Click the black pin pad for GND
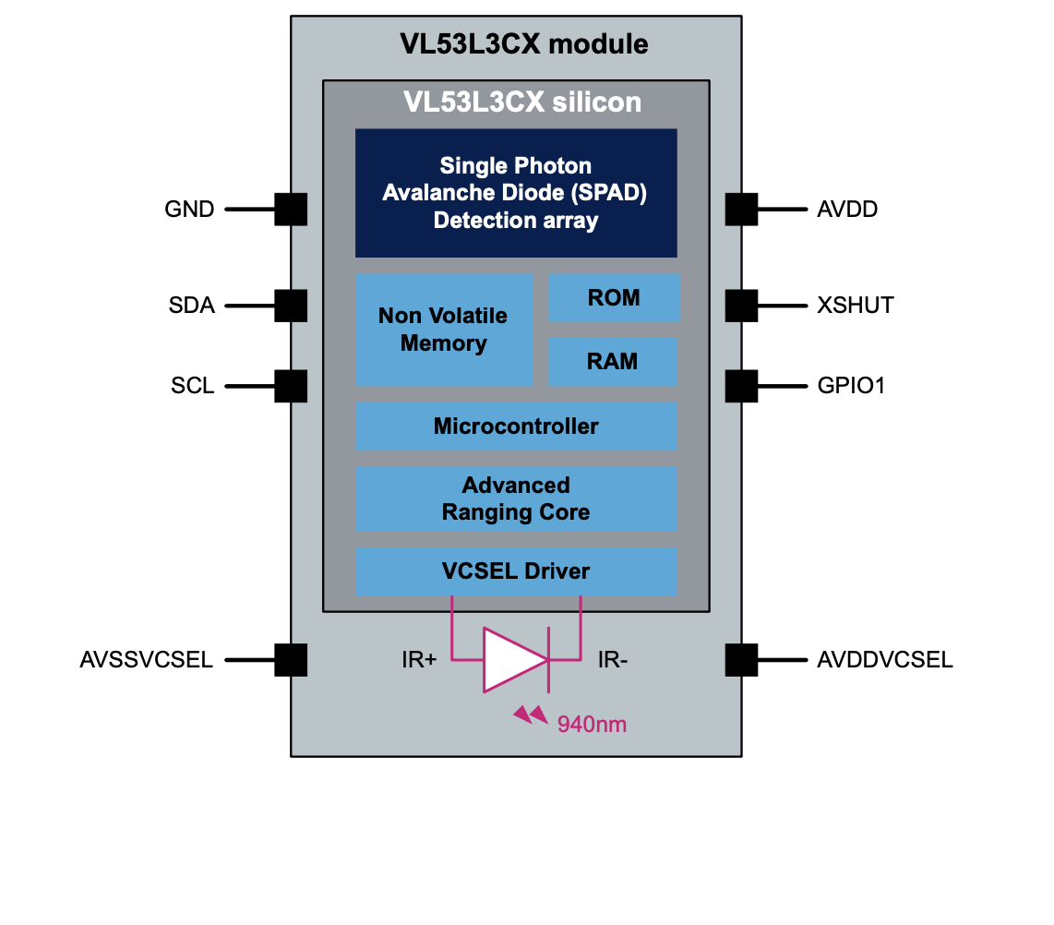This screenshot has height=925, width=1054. point(291,210)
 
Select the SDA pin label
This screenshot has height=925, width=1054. point(192,306)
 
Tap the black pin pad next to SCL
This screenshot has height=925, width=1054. point(291,386)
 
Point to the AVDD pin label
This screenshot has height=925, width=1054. point(847,210)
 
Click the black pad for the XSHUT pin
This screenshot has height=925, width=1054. point(741,306)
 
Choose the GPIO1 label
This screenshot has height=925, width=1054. point(851,386)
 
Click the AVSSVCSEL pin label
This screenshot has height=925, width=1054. point(147,660)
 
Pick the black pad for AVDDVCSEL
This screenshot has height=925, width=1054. point(741,660)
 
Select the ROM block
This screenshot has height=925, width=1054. point(614,297)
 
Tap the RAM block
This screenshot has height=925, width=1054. point(613,361)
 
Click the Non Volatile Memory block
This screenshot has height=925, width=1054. point(444,330)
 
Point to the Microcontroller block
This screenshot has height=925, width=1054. point(516,426)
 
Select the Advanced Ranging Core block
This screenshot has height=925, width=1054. point(516,499)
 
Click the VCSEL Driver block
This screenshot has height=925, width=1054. point(516,571)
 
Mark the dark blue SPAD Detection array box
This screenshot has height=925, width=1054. point(516,193)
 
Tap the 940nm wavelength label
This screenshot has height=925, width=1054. point(592,725)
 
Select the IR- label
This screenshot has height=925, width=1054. point(613,660)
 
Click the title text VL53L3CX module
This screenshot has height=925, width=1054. point(523,44)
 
